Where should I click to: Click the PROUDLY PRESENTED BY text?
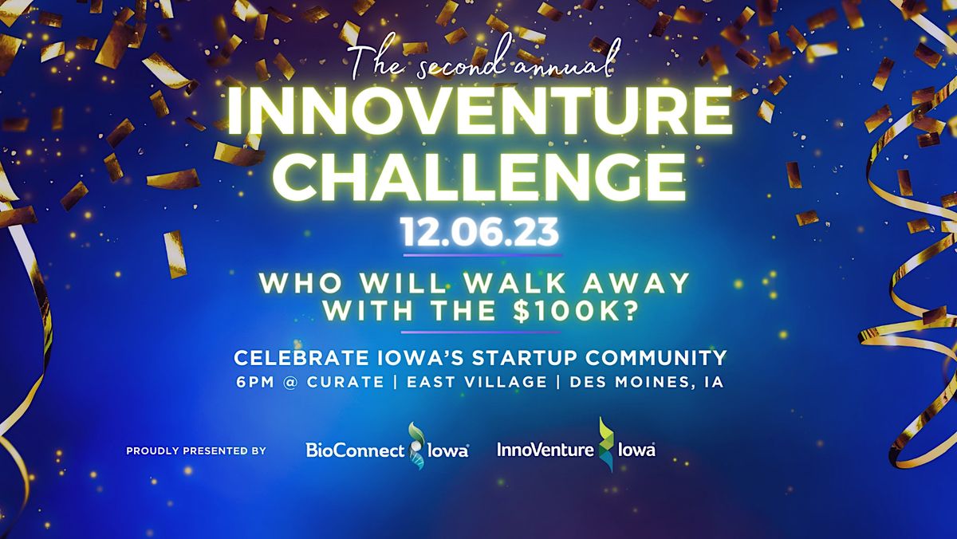[x=195, y=451]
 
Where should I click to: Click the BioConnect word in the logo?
[x=355, y=450]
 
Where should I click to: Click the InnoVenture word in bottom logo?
[x=545, y=450]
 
